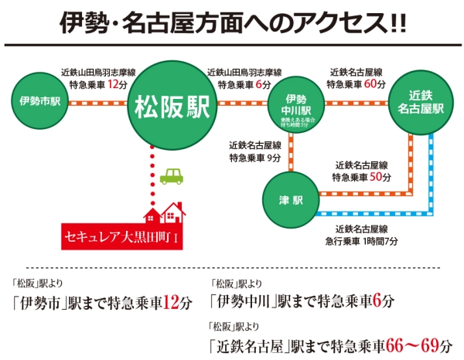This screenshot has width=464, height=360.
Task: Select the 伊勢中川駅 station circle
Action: click(x=296, y=108)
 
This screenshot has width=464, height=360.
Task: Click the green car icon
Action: click(x=172, y=177)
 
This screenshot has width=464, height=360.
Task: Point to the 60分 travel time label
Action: click(x=374, y=83)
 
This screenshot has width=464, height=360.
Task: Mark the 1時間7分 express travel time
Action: click(x=381, y=241)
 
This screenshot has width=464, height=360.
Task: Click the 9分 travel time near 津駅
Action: click(x=275, y=158)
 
